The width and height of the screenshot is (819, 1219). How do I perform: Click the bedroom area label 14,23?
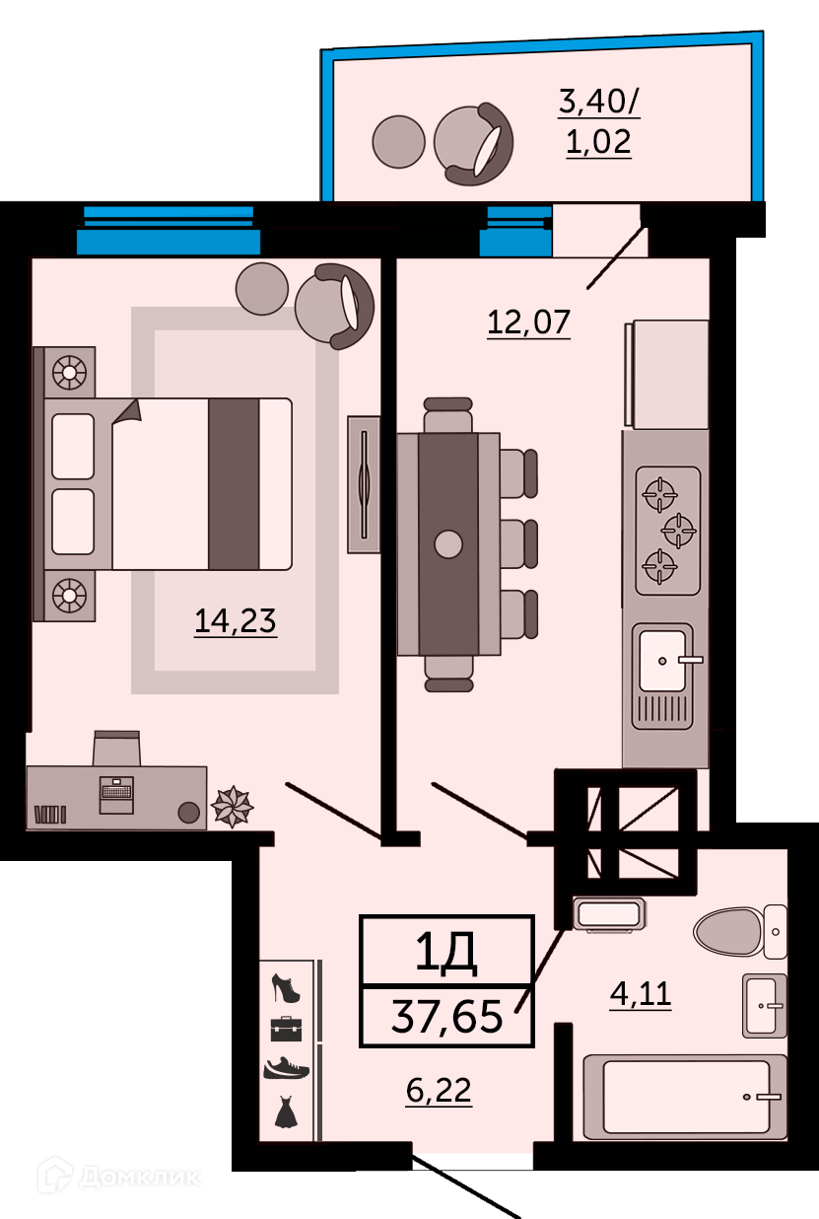pos(236,621)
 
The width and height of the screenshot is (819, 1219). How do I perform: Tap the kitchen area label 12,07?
pos(528,323)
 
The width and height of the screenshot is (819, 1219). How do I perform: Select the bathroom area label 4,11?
pos(641,994)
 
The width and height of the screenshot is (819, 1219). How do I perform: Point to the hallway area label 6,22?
pos(439,1091)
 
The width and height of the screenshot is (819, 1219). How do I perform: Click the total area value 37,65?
pos(446,1016)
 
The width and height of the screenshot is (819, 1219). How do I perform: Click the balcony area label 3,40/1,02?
pos(599,121)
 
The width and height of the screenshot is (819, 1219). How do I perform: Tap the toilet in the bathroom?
pos(739,932)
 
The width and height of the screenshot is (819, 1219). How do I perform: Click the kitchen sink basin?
pos(663,661)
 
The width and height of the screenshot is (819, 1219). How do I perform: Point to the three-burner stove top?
pos(668,531)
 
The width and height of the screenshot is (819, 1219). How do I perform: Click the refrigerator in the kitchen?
pos(667,374)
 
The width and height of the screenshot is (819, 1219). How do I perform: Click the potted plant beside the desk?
pos(233,806)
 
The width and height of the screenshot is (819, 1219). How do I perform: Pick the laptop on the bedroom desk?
pos(116,795)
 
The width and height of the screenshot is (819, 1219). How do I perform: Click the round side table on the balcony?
pos(398,141)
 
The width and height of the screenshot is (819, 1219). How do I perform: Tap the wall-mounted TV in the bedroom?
pos(364,484)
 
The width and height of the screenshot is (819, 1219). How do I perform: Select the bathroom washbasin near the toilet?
pos(765,1006)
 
